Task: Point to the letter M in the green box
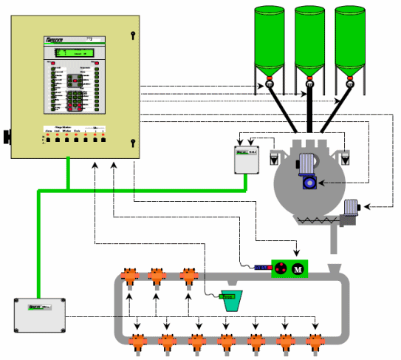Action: tap(299, 267)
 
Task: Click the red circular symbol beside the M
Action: tap(281, 267)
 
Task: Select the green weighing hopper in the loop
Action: tap(231, 300)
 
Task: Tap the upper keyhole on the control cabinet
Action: tap(132, 35)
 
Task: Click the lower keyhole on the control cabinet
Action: tap(132, 142)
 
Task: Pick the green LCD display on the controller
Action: tap(74, 52)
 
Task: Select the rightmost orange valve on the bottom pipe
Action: tap(315, 342)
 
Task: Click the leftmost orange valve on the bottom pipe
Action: tap(137, 342)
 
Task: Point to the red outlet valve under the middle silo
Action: tap(309, 78)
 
